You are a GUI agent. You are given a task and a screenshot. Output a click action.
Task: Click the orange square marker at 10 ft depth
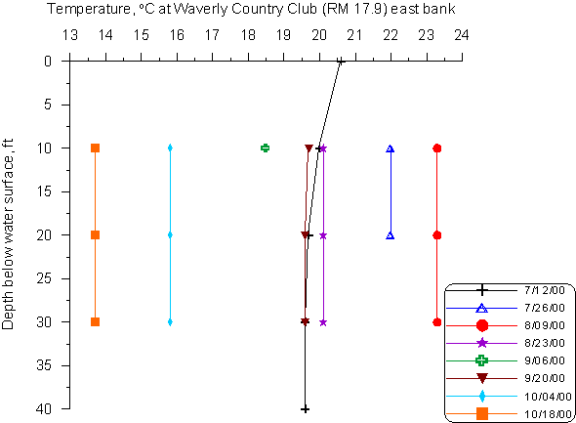coord(95,148)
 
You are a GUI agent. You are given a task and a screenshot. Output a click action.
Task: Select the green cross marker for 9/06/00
coord(265,148)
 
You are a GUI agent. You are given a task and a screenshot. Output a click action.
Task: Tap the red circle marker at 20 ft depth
coord(436,235)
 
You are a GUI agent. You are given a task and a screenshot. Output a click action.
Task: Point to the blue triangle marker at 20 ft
coord(391,235)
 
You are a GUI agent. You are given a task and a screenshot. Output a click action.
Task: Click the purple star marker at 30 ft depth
coord(323,322)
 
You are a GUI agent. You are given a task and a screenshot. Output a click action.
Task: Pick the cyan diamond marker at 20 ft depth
coord(170,234)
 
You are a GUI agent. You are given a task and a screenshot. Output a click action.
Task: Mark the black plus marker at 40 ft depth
coord(305,409)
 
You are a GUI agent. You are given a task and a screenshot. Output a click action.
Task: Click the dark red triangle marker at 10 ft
coord(309,148)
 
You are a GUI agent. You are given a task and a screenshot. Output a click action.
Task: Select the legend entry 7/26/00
coord(545,307)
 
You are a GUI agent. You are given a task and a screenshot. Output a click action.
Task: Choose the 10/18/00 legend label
coord(548,414)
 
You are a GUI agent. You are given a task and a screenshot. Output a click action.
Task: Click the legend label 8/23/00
coord(545,343)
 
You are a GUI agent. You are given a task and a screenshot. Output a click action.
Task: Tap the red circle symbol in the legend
coord(482,325)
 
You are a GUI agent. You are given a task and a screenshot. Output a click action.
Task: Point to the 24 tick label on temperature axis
coord(462,35)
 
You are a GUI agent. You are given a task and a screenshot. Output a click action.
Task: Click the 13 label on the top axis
coord(69,35)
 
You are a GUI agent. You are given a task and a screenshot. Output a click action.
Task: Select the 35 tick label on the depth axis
coord(44,365)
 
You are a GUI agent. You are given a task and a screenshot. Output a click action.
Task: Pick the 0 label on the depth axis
coord(48,61)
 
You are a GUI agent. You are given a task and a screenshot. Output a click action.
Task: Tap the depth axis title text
coord(8,233)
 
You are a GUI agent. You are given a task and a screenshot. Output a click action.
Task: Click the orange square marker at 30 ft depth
coord(95,322)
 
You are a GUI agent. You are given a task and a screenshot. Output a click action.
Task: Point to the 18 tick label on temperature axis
coord(248,35)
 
